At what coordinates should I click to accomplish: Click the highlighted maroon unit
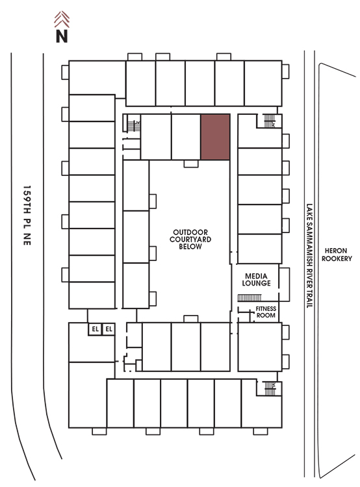pos(215,137)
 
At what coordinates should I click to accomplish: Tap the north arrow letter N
pos(62,36)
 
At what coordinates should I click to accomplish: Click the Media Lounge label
pos(257,279)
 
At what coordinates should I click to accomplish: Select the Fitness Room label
pos(266,312)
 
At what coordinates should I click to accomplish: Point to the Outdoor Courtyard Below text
pos(190,240)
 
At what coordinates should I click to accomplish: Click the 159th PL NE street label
pos(27,216)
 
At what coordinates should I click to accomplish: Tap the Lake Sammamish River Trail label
pos(309,256)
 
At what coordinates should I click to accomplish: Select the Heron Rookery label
pos(337,255)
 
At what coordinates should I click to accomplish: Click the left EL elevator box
pos(95,329)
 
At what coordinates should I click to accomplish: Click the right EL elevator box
pos(109,329)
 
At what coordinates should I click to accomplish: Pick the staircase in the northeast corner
pos(270,121)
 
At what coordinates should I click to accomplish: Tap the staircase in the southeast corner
pos(270,388)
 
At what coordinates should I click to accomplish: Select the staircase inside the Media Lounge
pos(250,298)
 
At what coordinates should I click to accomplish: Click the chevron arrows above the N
pos(62,19)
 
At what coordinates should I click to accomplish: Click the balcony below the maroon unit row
pos(191,164)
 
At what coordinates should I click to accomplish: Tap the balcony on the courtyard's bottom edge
pos(191,319)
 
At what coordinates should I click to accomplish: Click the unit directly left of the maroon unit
pos(186,137)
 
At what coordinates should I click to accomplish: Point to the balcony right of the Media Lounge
pos(284,284)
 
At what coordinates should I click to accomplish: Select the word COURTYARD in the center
pos(190,240)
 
